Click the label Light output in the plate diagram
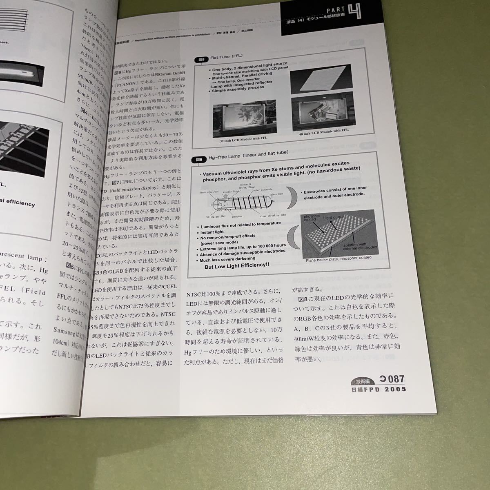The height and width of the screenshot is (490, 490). (x=334, y=218)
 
